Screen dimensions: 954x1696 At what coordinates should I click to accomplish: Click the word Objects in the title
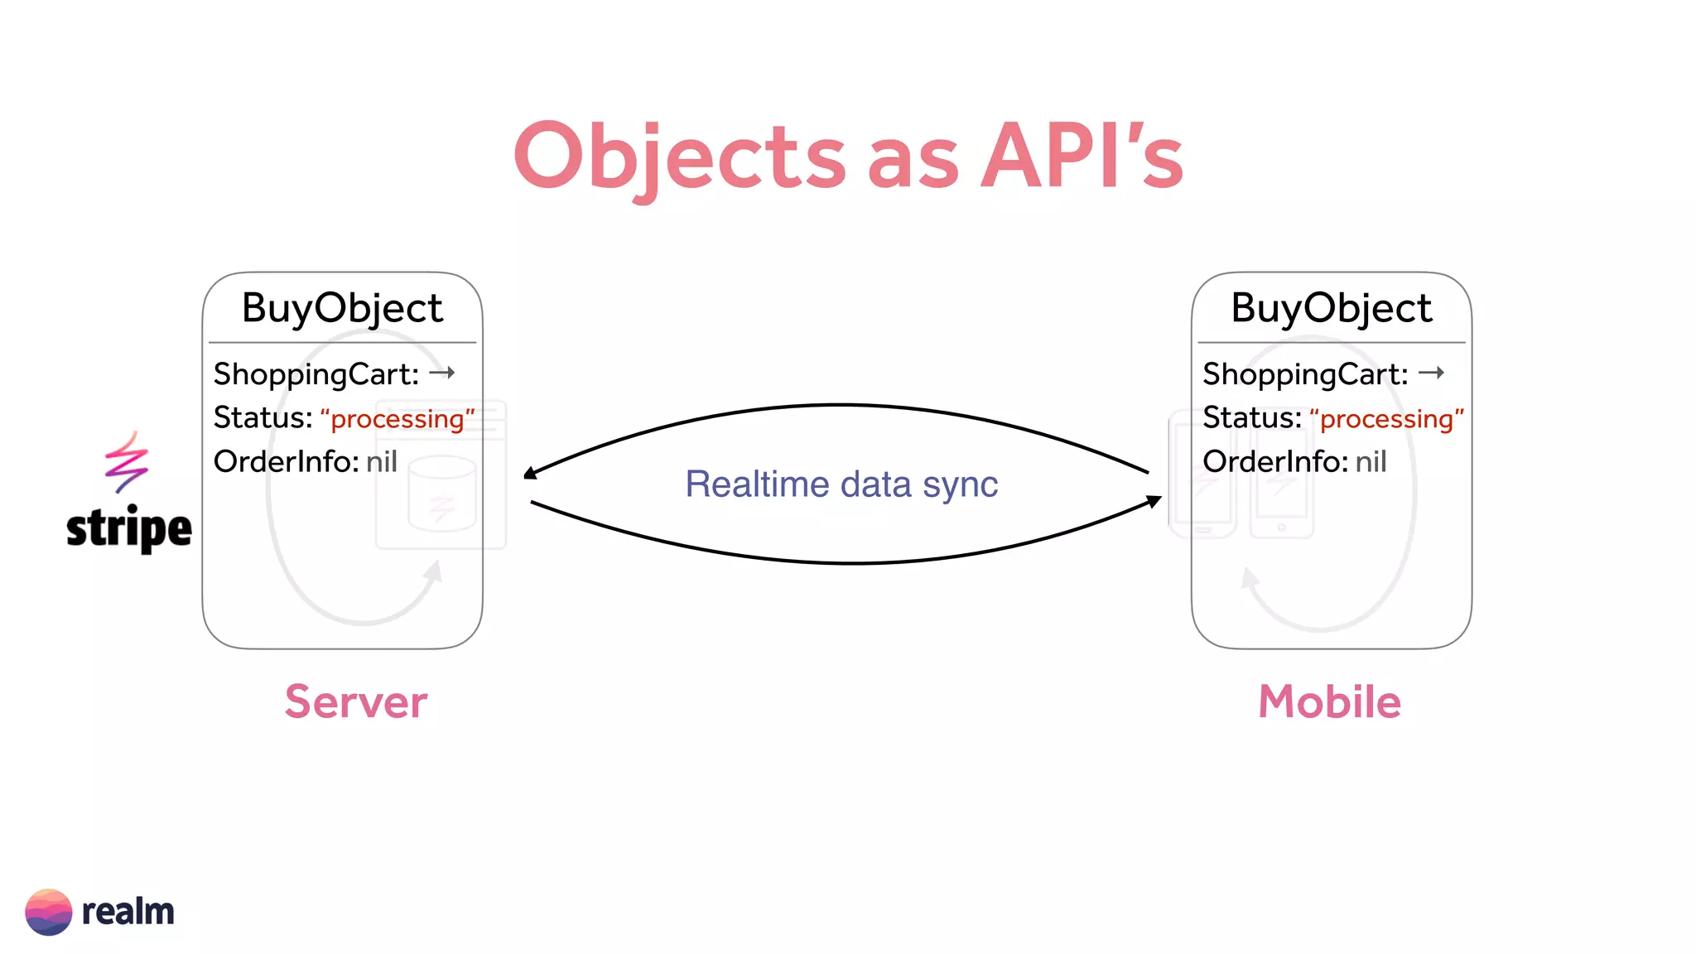[679, 157]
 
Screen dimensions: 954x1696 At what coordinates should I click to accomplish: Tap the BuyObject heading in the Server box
[342, 308]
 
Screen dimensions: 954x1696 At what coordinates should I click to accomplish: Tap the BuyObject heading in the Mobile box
[1331, 308]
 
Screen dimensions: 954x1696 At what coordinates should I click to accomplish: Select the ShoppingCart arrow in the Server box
[442, 373]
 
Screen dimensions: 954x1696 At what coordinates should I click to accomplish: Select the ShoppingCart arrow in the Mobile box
[1431, 373]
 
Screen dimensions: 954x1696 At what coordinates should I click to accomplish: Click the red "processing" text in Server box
[397, 419]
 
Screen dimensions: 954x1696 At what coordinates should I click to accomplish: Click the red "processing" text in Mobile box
[1387, 419]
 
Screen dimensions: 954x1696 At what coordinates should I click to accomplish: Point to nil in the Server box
[382, 461]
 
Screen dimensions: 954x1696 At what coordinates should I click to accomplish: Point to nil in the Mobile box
[1371, 461]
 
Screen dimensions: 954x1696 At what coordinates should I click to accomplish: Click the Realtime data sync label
[841, 484]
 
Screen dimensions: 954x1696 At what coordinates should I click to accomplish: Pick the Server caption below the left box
[356, 702]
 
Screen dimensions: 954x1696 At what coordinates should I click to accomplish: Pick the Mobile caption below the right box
[1329, 702]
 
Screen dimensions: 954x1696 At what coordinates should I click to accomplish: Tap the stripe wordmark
[128, 528]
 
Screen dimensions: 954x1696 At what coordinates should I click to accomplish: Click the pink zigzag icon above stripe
[126, 461]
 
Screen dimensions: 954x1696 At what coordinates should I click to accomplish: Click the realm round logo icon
[48, 912]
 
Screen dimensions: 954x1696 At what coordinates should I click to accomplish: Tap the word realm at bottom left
[128, 912]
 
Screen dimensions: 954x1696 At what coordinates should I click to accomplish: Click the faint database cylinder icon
[441, 494]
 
